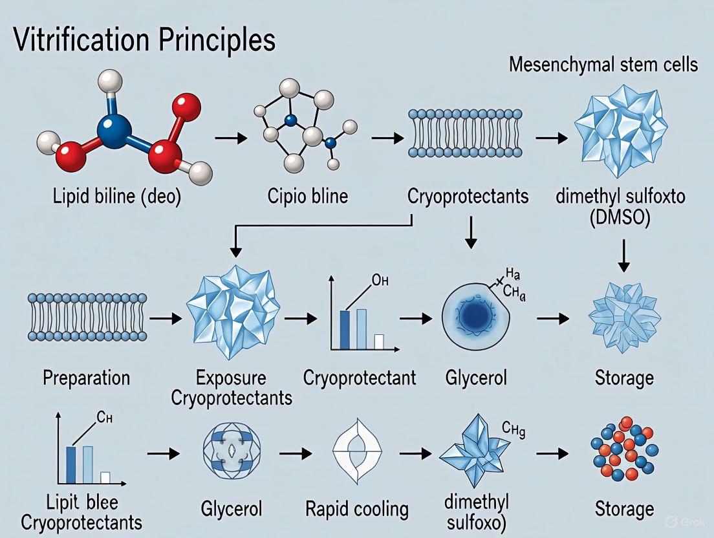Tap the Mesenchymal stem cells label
(603, 64)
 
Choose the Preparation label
(86, 378)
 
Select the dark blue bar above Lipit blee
(71, 465)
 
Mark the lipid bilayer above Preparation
(86, 316)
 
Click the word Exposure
(232, 378)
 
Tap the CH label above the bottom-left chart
(105, 417)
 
